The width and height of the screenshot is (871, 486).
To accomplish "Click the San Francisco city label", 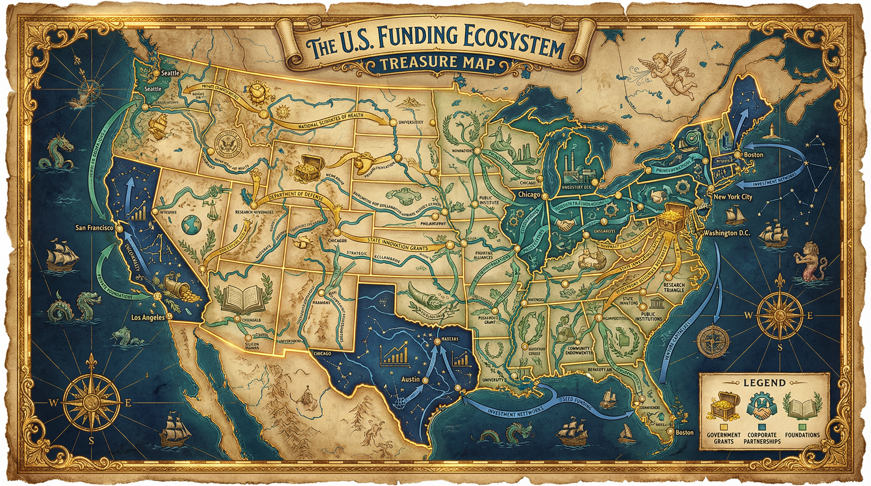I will point(94,228).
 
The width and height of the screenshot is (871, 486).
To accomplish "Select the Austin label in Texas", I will point(410,379).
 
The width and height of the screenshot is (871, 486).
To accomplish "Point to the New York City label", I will point(733,197).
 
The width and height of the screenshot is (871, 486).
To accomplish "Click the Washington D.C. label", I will point(727,233).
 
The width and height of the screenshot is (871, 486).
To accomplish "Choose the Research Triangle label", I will point(674,288).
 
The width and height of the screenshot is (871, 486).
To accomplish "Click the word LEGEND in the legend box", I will point(764,383).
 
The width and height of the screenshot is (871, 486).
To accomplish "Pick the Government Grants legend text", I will point(724,438).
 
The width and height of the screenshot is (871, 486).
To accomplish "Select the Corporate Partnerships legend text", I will point(762,438).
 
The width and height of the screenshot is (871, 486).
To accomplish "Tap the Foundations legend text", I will point(802,435).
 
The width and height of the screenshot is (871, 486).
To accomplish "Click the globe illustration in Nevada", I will point(191,224).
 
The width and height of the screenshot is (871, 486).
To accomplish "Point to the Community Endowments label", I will point(579,350).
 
